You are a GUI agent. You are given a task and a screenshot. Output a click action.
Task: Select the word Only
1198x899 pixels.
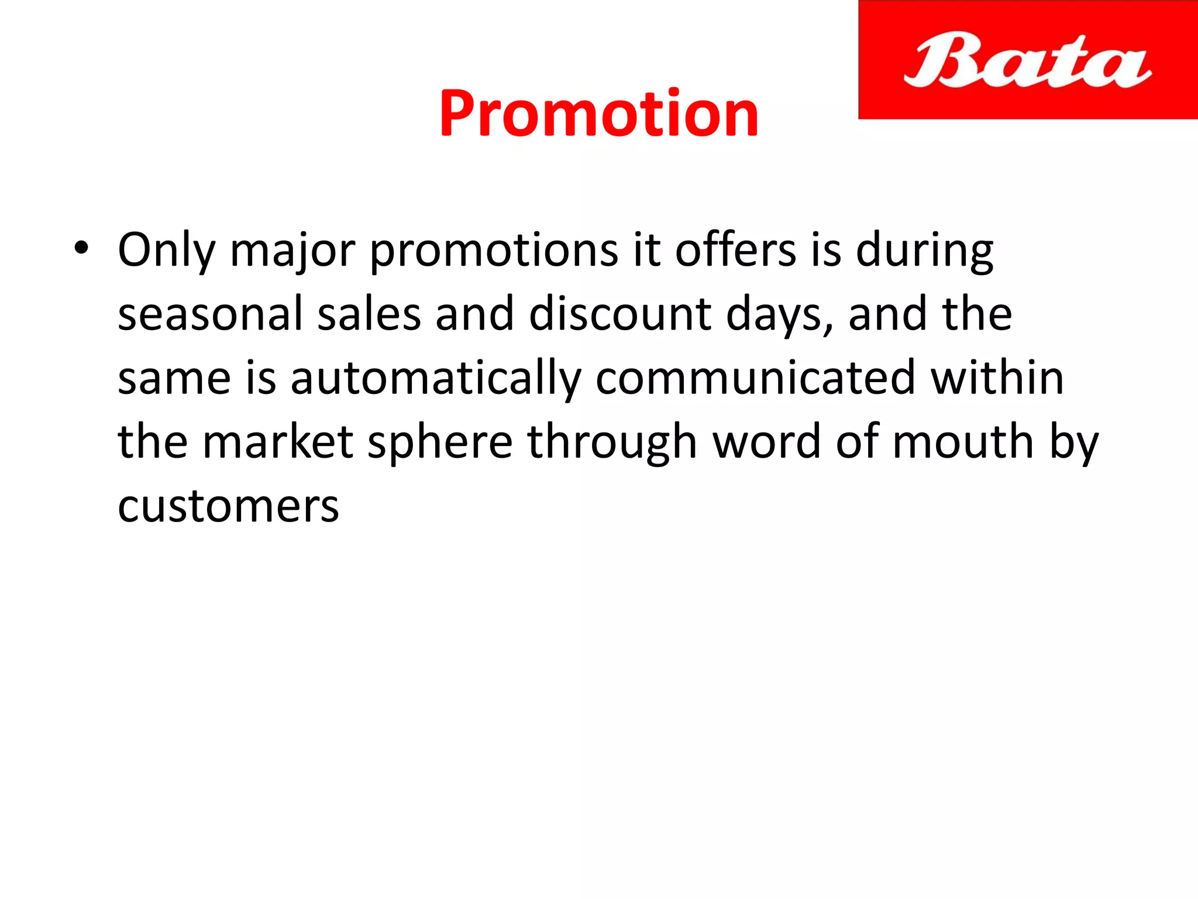pos(167,251)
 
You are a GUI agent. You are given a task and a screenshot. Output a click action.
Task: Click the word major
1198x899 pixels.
pos(292,251)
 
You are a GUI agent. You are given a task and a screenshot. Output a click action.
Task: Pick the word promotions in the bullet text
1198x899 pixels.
pos(494,251)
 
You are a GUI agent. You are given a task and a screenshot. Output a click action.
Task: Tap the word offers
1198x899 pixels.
pos(735,251)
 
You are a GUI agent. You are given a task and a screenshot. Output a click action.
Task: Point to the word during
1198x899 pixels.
pos(924,251)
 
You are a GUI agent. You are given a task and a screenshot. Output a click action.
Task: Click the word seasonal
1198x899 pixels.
pos(211,314)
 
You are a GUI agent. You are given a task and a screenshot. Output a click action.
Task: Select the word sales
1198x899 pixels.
pos(369,314)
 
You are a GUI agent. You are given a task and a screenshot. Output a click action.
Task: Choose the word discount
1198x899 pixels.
pos(620,314)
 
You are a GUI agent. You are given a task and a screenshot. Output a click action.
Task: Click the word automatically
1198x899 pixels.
pos(436,378)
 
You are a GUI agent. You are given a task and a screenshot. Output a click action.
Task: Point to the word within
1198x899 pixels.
pos(997,378)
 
